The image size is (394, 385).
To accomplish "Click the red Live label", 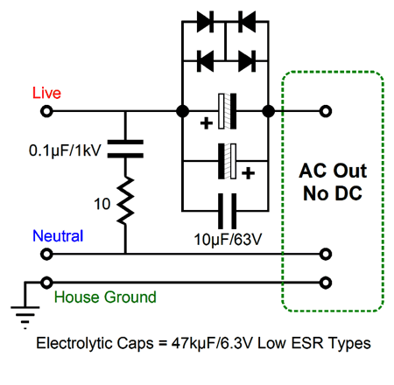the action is tap(46, 93).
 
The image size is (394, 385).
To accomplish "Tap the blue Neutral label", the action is tap(58, 235).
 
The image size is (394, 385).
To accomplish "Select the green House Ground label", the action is tap(105, 297).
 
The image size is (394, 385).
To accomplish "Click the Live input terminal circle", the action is tap(46, 111).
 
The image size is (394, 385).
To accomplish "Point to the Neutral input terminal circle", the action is tap(46, 254).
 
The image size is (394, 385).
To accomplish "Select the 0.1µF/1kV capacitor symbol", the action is tap(125, 149).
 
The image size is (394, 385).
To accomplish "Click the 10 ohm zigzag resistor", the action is tap(125, 200).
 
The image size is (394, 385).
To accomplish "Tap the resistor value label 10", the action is tap(102, 204).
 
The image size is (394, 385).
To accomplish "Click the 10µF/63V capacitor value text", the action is tap(228, 240).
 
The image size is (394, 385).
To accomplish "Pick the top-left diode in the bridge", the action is tap(206, 21).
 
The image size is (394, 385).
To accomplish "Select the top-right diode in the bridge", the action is tap(247, 21).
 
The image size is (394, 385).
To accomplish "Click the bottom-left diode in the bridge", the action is tap(206, 61).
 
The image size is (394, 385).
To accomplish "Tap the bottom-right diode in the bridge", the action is tap(247, 61).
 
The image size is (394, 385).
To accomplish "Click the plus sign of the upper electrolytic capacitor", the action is tap(207, 123).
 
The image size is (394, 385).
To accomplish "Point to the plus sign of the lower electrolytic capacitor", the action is tap(248, 173).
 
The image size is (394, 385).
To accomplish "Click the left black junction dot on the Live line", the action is tap(183, 111).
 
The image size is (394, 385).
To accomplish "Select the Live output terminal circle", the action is tap(326, 111).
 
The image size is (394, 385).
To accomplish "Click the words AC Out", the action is tap(333, 171).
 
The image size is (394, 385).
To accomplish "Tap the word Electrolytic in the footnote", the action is tap(75, 343).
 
